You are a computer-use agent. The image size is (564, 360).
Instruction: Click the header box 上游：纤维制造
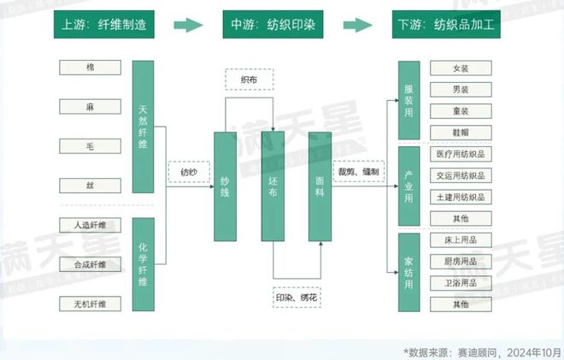105,25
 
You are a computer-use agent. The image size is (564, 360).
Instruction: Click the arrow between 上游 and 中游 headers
189,25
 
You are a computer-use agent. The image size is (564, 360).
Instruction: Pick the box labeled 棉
91,68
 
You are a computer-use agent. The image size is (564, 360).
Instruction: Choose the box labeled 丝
91,186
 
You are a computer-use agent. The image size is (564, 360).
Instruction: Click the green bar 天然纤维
142,128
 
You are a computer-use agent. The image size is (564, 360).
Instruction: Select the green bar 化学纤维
142,264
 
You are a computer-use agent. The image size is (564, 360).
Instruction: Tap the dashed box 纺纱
188,173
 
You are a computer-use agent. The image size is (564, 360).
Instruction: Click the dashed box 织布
249,80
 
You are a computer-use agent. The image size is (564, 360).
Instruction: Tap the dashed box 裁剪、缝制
358,173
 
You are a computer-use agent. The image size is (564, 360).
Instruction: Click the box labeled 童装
460,111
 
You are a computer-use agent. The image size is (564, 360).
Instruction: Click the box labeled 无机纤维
91,304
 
